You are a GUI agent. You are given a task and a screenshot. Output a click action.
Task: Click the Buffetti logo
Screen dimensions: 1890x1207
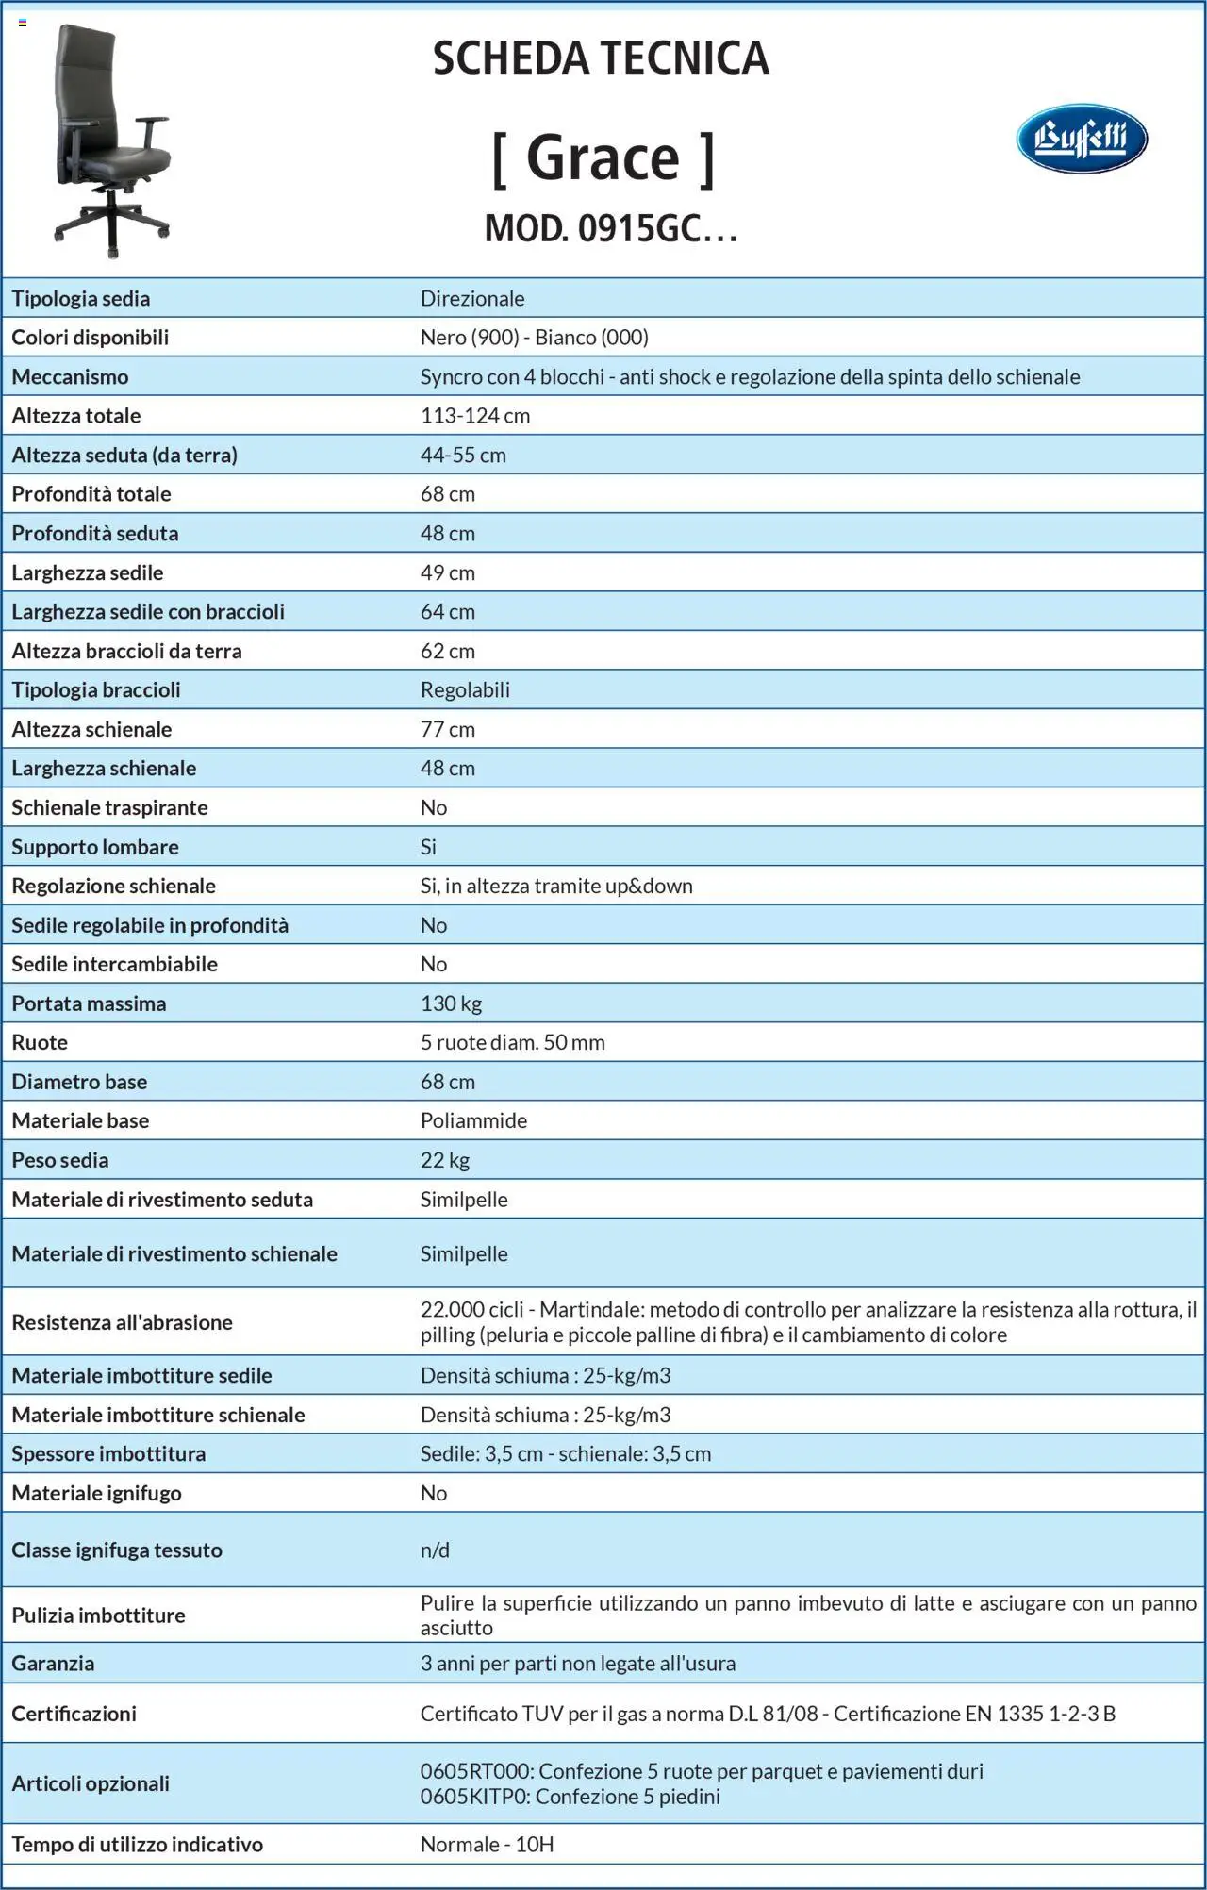tap(1082, 139)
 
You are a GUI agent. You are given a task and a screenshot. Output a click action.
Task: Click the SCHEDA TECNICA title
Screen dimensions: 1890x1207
tap(601, 58)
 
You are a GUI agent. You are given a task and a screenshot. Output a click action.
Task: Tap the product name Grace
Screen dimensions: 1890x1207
tap(603, 157)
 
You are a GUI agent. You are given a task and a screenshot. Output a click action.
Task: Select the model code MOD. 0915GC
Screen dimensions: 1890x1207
tap(610, 228)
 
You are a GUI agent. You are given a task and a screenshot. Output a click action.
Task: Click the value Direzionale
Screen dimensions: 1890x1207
tap(472, 299)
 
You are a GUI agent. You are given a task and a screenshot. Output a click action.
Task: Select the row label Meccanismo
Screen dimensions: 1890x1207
tap(70, 377)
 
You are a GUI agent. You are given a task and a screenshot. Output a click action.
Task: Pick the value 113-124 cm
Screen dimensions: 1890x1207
tap(475, 416)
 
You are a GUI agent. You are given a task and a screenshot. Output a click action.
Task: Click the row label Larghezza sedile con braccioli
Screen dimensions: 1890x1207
tap(148, 612)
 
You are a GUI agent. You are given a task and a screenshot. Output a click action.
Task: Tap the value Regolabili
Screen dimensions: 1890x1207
tap(465, 690)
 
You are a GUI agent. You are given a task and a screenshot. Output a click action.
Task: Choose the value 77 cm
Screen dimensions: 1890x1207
tap(448, 730)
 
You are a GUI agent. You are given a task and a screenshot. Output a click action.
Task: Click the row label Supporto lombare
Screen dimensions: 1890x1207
tap(95, 847)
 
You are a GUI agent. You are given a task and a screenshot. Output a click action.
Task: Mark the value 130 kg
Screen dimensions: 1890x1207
tap(451, 1003)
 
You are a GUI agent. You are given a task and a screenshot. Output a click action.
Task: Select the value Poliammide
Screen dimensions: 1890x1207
tap(473, 1121)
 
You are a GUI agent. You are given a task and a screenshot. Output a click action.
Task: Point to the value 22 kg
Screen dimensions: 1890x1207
tap(445, 1160)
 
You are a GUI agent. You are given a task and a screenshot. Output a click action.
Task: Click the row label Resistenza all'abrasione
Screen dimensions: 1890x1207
tap(122, 1322)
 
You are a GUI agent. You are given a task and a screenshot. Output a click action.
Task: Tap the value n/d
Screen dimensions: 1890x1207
tap(435, 1550)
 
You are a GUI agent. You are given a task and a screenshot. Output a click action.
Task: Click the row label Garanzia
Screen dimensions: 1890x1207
tap(53, 1664)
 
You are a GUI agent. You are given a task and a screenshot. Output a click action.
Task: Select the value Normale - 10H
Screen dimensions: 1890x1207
tap(487, 1845)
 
